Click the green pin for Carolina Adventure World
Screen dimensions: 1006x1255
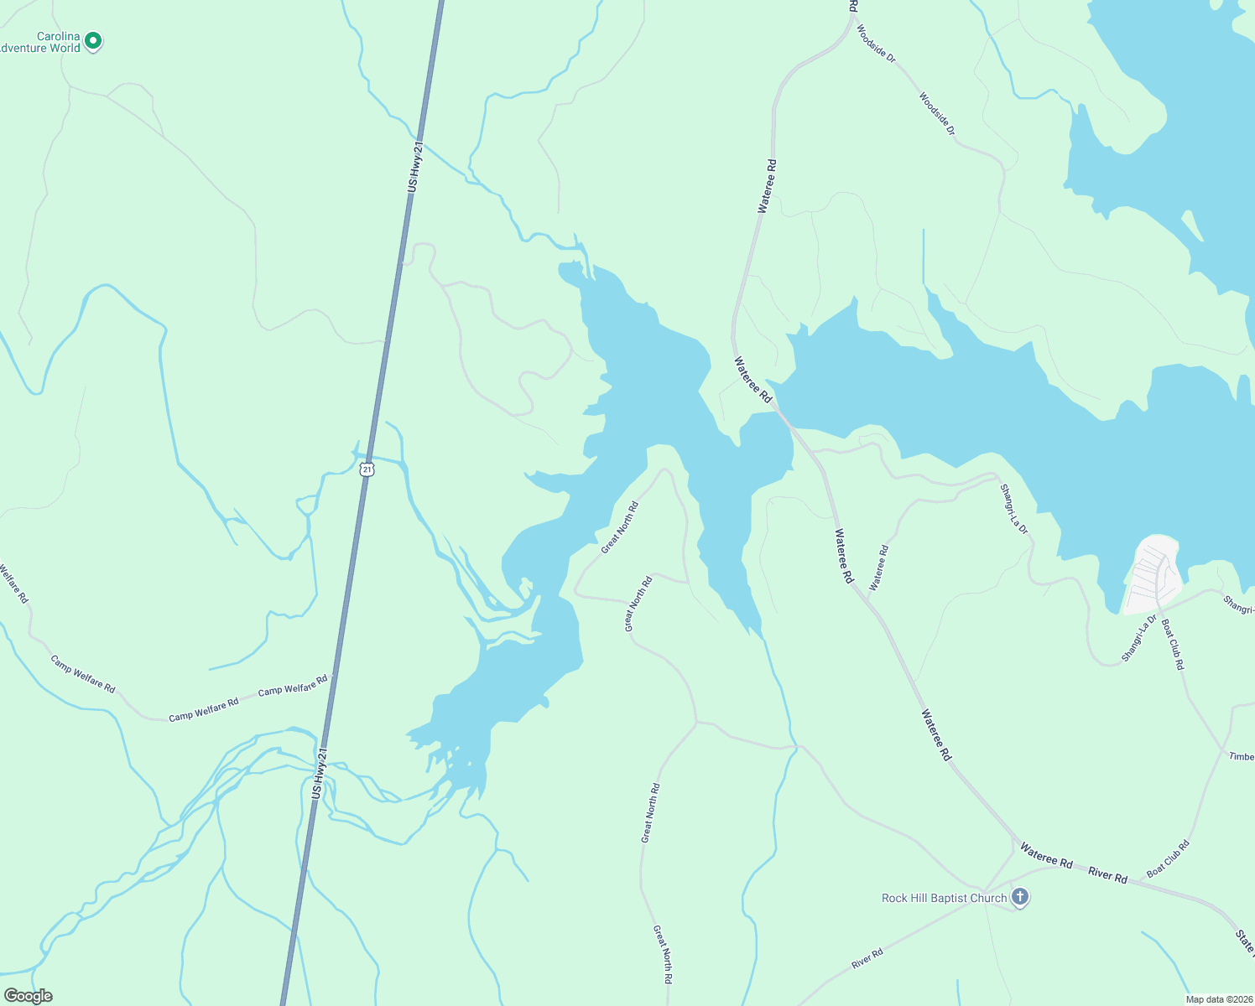pos(94,40)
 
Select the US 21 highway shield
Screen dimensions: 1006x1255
pos(367,469)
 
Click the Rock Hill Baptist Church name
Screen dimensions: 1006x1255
pos(944,898)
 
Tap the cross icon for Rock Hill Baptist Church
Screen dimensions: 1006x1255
pos(1020,898)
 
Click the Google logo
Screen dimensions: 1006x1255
pos(28,996)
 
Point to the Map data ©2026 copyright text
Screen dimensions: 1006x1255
pos(1218,999)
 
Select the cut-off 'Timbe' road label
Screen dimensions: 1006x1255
pos(1242,756)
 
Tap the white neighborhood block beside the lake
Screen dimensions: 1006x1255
pos(1153,575)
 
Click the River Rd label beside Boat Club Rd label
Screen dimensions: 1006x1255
pos(1107,875)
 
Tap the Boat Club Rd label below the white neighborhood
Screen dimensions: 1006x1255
pos(1173,644)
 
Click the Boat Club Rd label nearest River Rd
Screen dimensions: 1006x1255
pos(1168,859)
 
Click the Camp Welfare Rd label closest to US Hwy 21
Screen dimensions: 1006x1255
pos(293,685)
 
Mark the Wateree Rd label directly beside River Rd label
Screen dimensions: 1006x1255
pos(1046,856)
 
